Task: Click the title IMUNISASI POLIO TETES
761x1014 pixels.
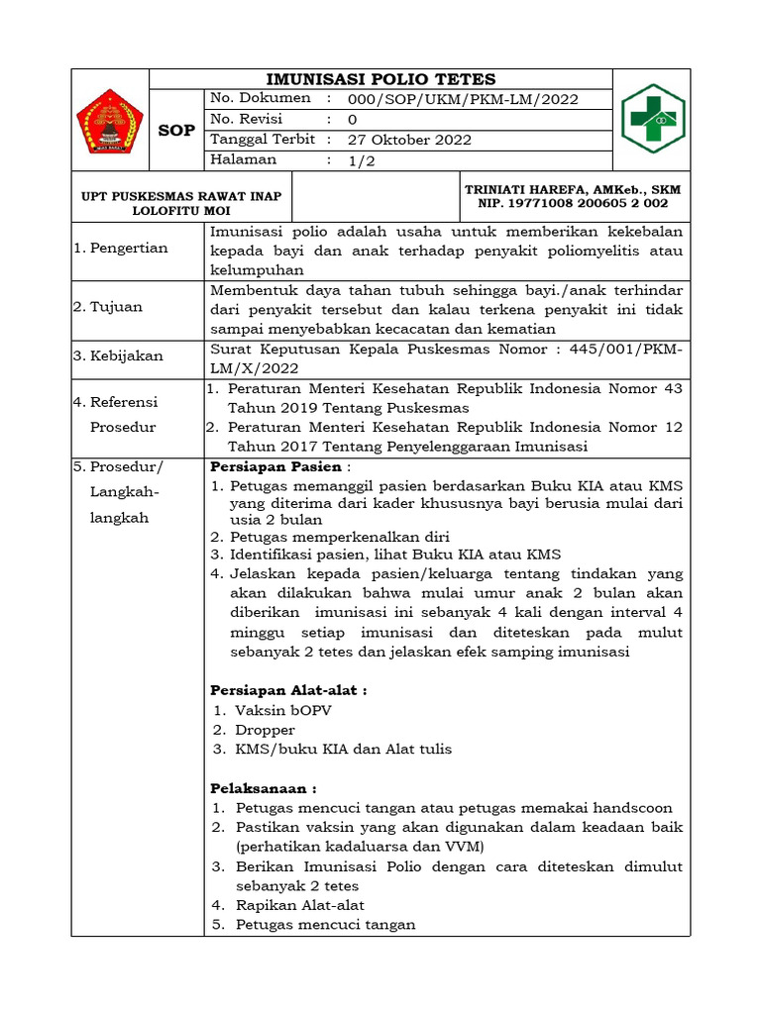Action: pos(381,79)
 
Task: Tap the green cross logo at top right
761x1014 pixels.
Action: pos(652,119)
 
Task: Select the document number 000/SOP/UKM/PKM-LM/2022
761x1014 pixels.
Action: pos(463,99)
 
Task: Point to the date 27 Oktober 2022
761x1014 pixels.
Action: pos(409,140)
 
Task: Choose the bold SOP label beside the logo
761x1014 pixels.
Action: pos(177,130)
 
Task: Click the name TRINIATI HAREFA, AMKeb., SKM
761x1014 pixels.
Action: pos(574,189)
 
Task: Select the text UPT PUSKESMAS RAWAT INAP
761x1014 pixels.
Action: pos(181,196)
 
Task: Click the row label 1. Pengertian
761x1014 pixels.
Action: pos(121,249)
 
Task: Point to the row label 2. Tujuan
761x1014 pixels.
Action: pos(108,307)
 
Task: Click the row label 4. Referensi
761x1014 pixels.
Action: pos(116,402)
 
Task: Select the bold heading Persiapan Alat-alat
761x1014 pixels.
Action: pos(288,690)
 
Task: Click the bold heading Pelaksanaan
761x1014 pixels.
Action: pos(264,788)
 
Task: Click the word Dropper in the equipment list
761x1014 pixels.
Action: pos(265,730)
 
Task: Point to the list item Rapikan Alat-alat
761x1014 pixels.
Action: pos(299,905)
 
